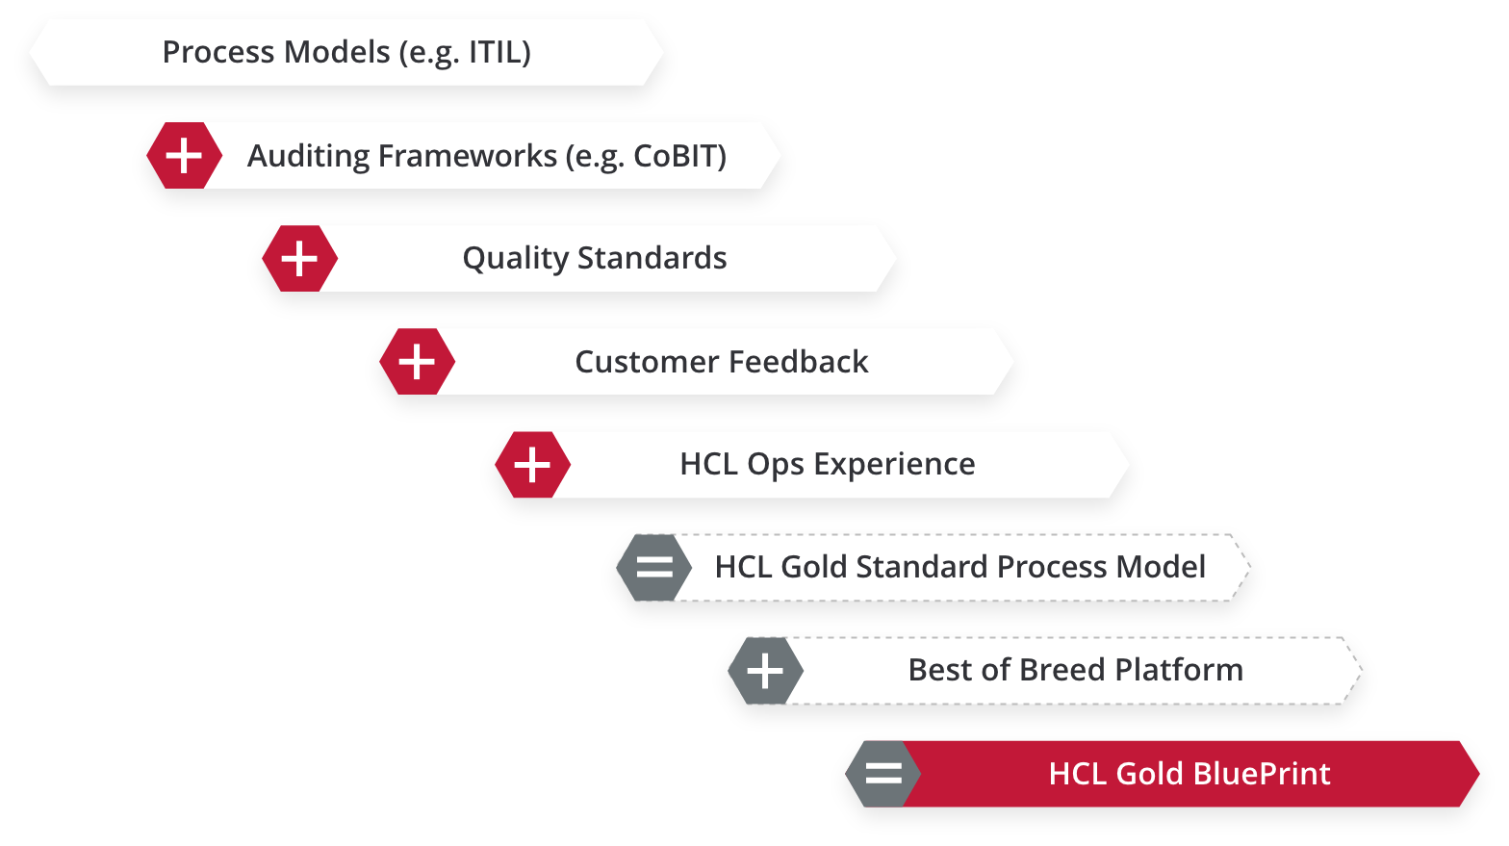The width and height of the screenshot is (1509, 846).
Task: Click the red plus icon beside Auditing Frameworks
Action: (x=184, y=156)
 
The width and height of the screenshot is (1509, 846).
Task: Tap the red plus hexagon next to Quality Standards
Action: (x=300, y=259)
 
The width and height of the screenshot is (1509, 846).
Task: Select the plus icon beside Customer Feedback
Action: (x=417, y=362)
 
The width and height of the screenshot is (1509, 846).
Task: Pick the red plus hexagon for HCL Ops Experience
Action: (x=533, y=465)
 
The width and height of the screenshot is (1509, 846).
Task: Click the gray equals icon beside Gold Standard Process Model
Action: (x=654, y=567)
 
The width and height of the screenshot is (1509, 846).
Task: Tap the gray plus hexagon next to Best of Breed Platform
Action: (x=766, y=671)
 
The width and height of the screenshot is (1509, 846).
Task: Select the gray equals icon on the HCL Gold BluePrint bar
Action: (x=883, y=773)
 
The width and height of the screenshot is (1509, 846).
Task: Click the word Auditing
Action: (x=309, y=156)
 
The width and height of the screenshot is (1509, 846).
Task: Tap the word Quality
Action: (x=516, y=259)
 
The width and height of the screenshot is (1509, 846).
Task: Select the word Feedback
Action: (x=799, y=362)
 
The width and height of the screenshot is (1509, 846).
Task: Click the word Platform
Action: (x=1179, y=670)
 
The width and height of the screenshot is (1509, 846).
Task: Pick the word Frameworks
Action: (x=468, y=156)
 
